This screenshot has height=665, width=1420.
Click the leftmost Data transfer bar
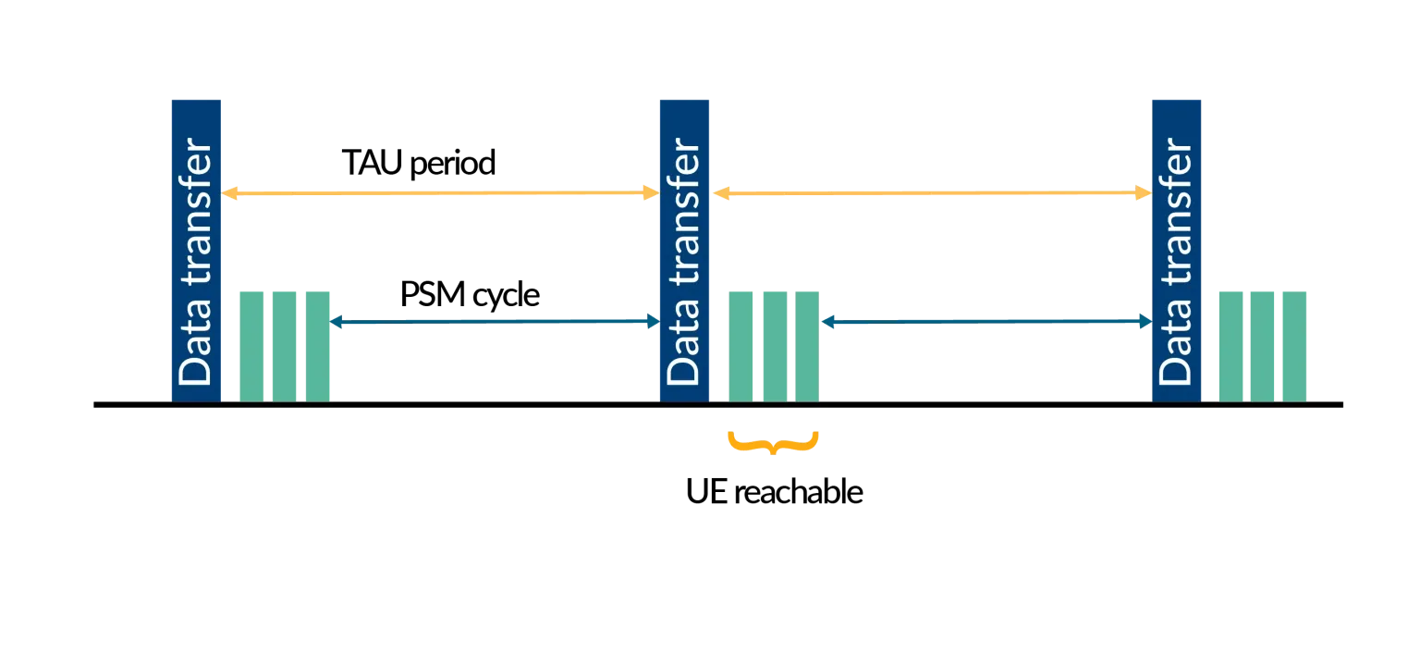coord(195,248)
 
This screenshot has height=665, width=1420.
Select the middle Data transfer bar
coord(683,248)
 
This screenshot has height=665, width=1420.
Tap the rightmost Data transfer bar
coord(1175,248)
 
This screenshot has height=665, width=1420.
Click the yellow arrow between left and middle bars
coord(439,193)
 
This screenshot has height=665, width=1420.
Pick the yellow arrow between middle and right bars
coord(931,193)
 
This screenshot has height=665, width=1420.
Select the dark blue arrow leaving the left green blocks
coord(495,322)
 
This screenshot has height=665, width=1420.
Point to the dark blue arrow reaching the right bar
coord(985,322)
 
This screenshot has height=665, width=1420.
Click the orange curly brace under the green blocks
coord(773,442)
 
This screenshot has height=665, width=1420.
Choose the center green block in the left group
coord(284,345)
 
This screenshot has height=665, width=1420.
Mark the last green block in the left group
coord(317,345)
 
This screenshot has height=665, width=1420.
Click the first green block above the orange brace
coord(741,345)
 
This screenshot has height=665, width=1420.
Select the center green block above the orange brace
coord(774,345)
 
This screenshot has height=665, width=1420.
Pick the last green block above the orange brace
coord(807,345)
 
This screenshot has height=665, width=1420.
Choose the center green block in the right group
coord(1262,345)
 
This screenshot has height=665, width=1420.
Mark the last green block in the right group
coord(1294,345)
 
